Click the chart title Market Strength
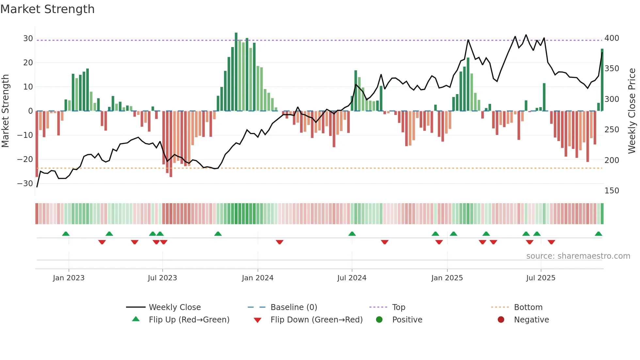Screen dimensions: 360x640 pyautogui.click(x=47, y=9)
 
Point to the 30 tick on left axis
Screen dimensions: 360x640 pyautogui.click(x=28, y=39)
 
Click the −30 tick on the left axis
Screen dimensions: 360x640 pyautogui.click(x=25, y=184)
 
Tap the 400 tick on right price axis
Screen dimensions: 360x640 pyautogui.click(x=612, y=38)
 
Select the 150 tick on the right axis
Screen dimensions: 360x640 pyautogui.click(x=612, y=191)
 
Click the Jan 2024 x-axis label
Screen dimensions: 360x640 pyautogui.click(x=258, y=278)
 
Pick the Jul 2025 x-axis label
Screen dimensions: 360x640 pyautogui.click(x=541, y=278)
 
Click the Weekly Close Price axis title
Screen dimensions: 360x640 pyautogui.click(x=632, y=111)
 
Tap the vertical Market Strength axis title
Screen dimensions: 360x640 pyautogui.click(x=5, y=111)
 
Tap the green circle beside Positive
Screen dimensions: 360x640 pyautogui.click(x=379, y=320)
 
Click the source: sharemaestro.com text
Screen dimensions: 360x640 pyautogui.click(x=578, y=256)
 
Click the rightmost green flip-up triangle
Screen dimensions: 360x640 pyautogui.click(x=598, y=234)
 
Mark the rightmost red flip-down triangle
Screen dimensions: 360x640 pyautogui.click(x=551, y=242)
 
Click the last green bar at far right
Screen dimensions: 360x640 pyautogui.click(x=602, y=80)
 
